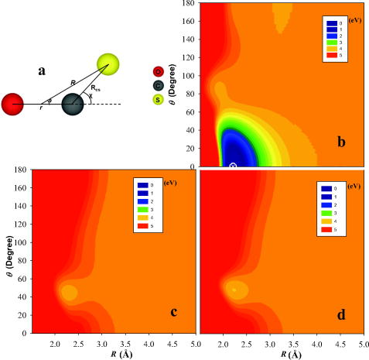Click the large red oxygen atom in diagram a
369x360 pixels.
(x=15, y=103)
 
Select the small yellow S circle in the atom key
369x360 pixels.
(x=159, y=99)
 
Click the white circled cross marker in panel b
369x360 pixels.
(x=233, y=166)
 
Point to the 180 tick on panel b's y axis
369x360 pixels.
(x=187, y=4)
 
